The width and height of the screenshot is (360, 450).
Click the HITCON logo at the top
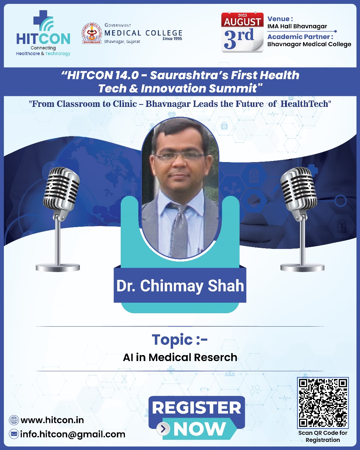[43, 34]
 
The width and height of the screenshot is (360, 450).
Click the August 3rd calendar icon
[242, 33]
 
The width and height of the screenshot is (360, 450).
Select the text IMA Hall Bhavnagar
[297, 26]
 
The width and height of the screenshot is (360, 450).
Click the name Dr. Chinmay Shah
[180, 286]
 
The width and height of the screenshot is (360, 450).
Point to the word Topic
[172, 340]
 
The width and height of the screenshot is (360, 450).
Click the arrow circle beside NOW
[163, 429]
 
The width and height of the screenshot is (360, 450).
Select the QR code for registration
[323, 403]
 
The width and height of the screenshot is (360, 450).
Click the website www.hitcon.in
[52, 420]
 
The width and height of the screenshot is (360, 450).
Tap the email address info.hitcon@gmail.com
[72, 434]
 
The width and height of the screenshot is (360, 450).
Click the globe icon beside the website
[14, 420]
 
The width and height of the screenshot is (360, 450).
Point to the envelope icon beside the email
[14, 434]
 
